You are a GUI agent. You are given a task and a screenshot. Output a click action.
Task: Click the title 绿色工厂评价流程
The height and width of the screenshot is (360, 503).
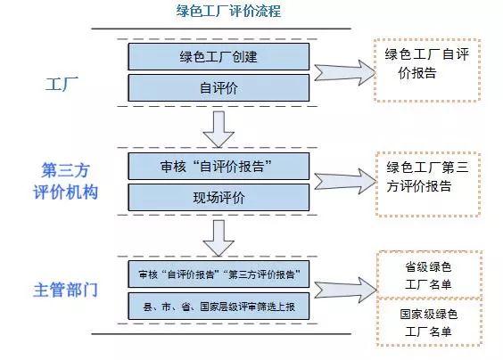[x=228, y=11]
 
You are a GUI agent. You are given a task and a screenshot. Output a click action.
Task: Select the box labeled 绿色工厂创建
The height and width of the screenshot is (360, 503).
[x=219, y=57]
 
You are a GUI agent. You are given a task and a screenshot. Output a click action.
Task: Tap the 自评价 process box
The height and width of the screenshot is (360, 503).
[x=219, y=88]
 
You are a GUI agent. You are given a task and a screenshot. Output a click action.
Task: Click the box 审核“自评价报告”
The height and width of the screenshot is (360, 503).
[x=219, y=166]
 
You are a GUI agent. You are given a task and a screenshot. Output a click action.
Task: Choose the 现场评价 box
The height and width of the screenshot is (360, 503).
[x=219, y=197]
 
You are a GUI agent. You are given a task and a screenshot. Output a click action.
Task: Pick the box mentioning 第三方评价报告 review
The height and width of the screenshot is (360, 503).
[x=219, y=274]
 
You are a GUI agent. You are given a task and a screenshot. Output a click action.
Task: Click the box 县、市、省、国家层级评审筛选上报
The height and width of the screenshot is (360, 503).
[x=219, y=307]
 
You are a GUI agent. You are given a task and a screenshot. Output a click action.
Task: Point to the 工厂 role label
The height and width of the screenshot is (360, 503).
[x=62, y=84]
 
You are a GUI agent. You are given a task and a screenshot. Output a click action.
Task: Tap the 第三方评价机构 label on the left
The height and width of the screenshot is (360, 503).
[x=65, y=181]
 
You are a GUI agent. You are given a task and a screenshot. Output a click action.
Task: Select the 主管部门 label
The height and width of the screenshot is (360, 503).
[x=65, y=290]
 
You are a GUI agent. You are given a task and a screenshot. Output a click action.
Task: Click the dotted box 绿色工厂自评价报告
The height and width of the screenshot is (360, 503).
[x=427, y=70]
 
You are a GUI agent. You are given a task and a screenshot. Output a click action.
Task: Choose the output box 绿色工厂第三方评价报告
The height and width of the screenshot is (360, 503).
[x=428, y=184]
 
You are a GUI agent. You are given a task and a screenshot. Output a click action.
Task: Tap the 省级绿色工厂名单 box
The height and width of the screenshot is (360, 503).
[x=430, y=274]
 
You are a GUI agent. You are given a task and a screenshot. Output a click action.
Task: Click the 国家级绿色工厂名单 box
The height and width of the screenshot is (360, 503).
[x=430, y=323]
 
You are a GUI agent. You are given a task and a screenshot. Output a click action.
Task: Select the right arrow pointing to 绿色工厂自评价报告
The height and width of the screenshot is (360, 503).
[x=344, y=72]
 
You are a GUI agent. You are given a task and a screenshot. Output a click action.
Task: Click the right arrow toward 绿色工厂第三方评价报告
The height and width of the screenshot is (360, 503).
[x=345, y=182]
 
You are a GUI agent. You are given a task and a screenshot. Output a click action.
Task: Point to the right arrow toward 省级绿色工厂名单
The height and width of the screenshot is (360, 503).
[x=345, y=290]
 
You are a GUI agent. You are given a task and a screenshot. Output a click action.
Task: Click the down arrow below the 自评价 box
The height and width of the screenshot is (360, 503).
[x=219, y=129]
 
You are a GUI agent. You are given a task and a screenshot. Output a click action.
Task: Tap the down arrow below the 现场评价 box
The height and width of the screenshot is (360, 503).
[x=219, y=238]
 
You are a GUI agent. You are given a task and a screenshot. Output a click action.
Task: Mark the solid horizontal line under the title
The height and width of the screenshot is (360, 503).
[x=221, y=29]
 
